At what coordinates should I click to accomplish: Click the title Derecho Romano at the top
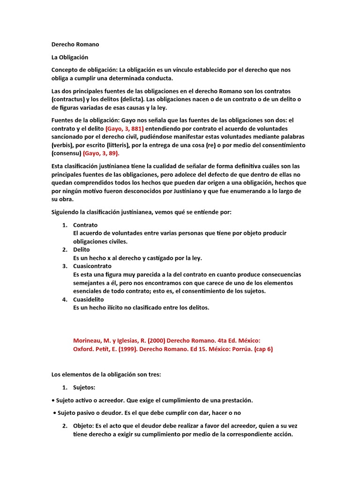coord(75,45)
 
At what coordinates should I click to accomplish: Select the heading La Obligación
coord(70,57)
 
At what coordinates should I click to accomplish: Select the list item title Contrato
coord(85,225)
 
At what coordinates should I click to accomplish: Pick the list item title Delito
coord(82,250)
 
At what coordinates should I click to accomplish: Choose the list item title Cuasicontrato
coord(92,266)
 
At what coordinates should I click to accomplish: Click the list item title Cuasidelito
coord(89,299)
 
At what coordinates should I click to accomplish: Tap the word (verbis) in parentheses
coord(61,145)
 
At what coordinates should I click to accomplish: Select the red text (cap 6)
coord(263,349)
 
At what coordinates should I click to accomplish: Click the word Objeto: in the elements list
coord(84,426)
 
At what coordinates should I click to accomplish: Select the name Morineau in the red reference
coord(89,341)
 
